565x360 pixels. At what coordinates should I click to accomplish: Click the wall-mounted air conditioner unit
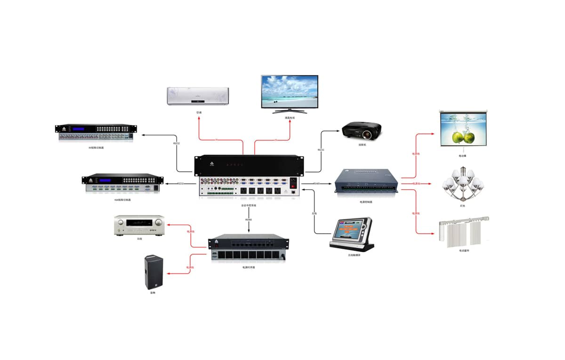click(198, 96)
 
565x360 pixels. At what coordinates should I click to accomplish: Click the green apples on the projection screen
click(463, 137)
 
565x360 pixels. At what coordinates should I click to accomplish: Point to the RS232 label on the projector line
click(321, 150)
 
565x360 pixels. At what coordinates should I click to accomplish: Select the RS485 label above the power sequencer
click(249, 220)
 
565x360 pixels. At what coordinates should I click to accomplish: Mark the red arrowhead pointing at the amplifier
click(167, 224)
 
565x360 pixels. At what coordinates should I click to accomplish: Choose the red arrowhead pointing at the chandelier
click(430, 183)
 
